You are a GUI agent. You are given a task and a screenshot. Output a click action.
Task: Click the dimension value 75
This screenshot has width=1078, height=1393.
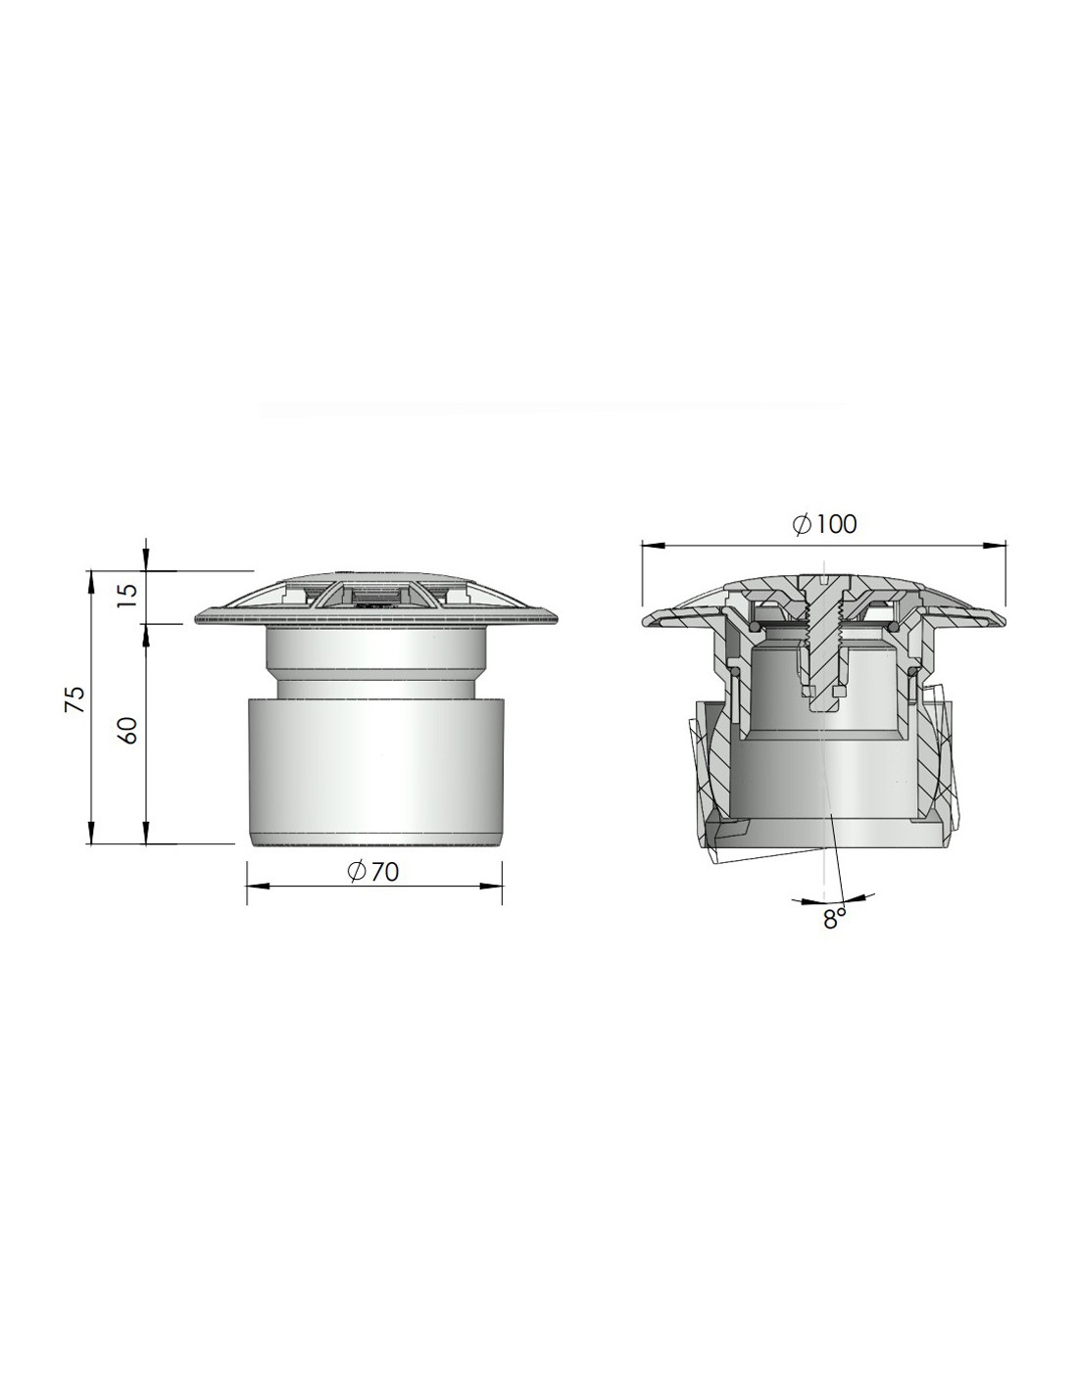(x=75, y=699)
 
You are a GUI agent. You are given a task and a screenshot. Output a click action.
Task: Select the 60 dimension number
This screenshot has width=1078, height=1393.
(x=129, y=730)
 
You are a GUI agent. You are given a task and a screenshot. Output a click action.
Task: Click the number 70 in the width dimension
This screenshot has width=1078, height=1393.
(x=384, y=871)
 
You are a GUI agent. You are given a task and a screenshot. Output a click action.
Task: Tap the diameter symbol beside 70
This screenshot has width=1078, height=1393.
(x=356, y=871)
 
